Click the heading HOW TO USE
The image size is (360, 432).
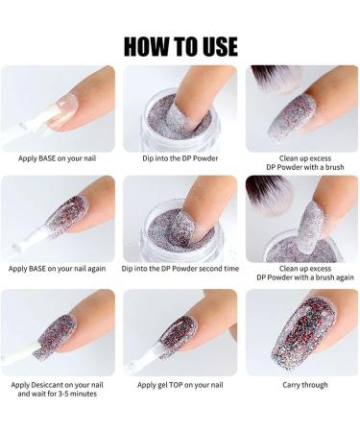pyautogui.click(x=180, y=47)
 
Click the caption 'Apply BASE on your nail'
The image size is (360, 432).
pyautogui.click(x=57, y=158)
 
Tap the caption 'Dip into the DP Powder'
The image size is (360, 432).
pyautogui.click(x=180, y=158)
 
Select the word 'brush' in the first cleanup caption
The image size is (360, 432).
pyautogui.click(x=335, y=167)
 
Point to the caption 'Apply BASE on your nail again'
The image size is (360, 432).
pyautogui.click(x=57, y=269)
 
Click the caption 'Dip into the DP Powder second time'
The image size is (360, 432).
pyautogui.click(x=180, y=269)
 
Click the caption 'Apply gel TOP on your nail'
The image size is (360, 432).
pyautogui.click(x=180, y=385)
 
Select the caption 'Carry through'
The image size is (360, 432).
pyautogui.click(x=305, y=385)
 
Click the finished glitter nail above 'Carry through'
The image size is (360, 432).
pyautogui.click(x=302, y=333)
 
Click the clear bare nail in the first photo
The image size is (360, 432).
pyautogui.click(x=62, y=110)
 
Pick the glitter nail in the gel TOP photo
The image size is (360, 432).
pyautogui.click(x=178, y=336)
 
